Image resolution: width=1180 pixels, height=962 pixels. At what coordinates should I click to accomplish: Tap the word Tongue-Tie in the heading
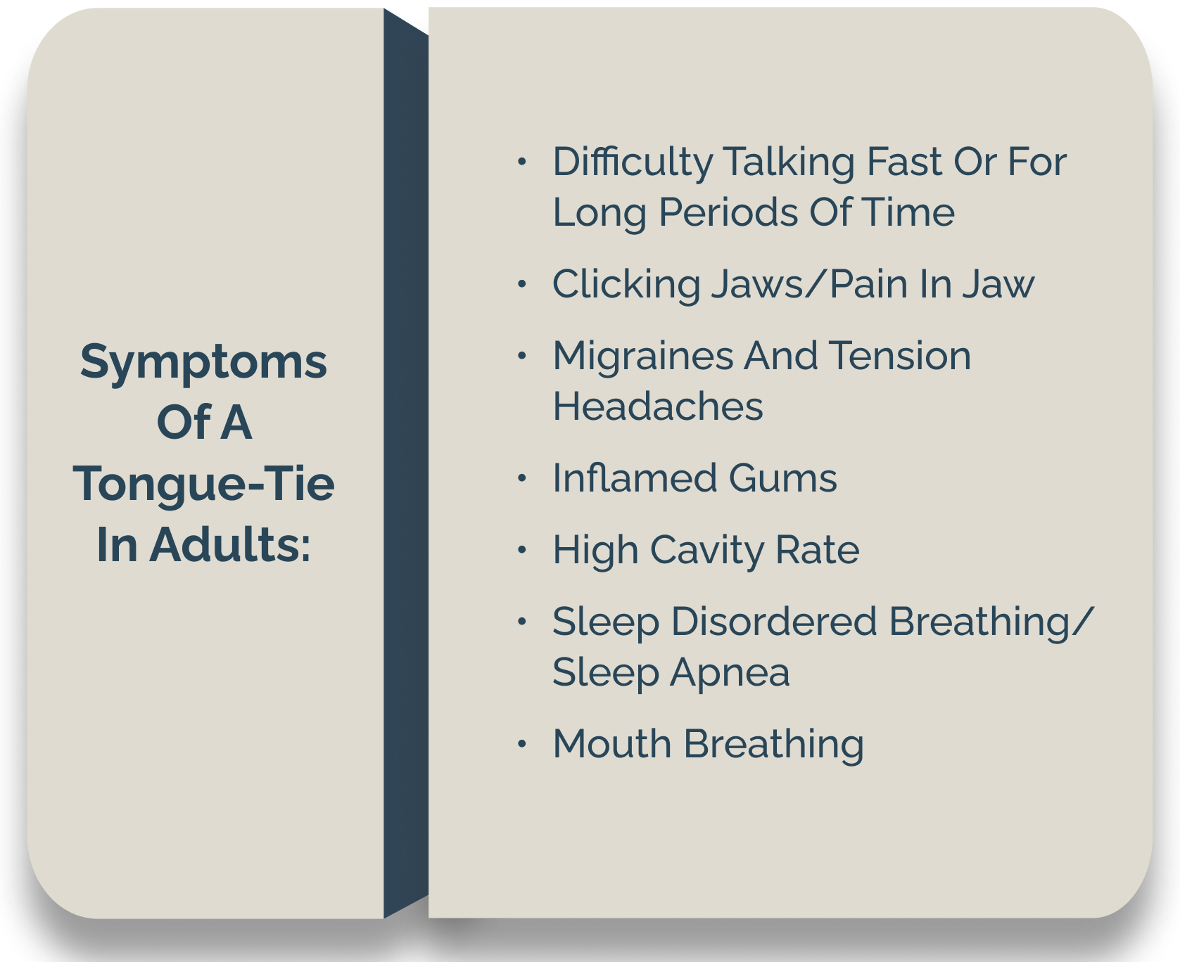coord(204,485)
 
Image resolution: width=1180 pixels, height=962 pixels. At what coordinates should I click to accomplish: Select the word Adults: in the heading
coord(230,545)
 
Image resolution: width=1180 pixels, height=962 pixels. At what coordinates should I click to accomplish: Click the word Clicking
coord(626,286)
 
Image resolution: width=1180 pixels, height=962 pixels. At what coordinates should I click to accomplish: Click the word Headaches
coord(657,407)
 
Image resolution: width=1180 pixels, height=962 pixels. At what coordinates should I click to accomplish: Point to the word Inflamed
coord(635,479)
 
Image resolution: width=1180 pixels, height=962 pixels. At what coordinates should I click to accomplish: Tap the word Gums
coord(782,479)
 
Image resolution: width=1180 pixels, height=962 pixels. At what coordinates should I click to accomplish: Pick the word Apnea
coord(730,674)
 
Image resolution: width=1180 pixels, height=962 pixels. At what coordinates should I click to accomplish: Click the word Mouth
coord(611,744)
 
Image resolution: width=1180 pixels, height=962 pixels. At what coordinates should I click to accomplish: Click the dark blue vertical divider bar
coord(405,464)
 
